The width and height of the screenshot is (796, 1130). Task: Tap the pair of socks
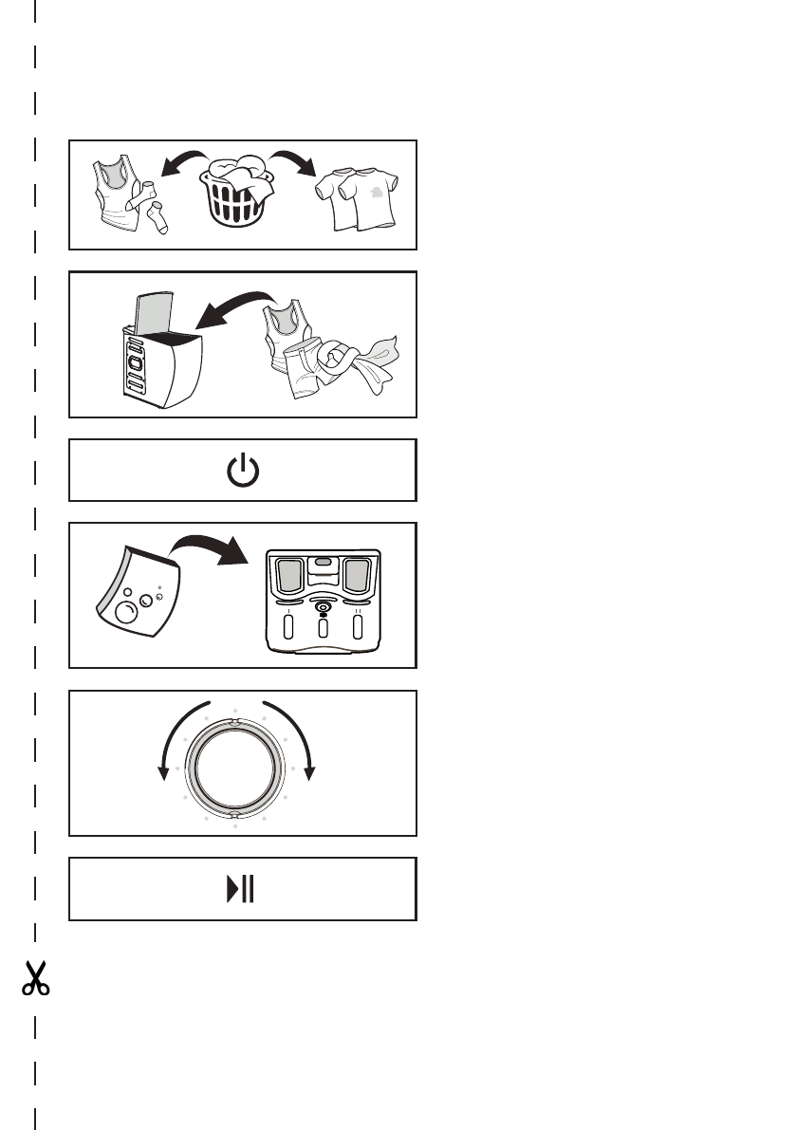pyautogui.click(x=154, y=214)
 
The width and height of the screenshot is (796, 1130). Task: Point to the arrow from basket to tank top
pyautogui.click(x=182, y=161)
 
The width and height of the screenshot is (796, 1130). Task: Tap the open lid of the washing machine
pyautogui.click(x=150, y=314)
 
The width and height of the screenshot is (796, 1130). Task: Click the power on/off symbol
pyautogui.click(x=243, y=471)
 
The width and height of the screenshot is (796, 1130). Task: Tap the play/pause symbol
pyautogui.click(x=243, y=890)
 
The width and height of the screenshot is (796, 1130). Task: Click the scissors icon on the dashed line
pyautogui.click(x=35, y=978)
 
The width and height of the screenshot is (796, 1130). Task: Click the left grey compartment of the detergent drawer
pyautogui.click(x=288, y=577)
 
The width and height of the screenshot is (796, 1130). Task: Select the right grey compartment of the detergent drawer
pyautogui.click(x=357, y=577)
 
